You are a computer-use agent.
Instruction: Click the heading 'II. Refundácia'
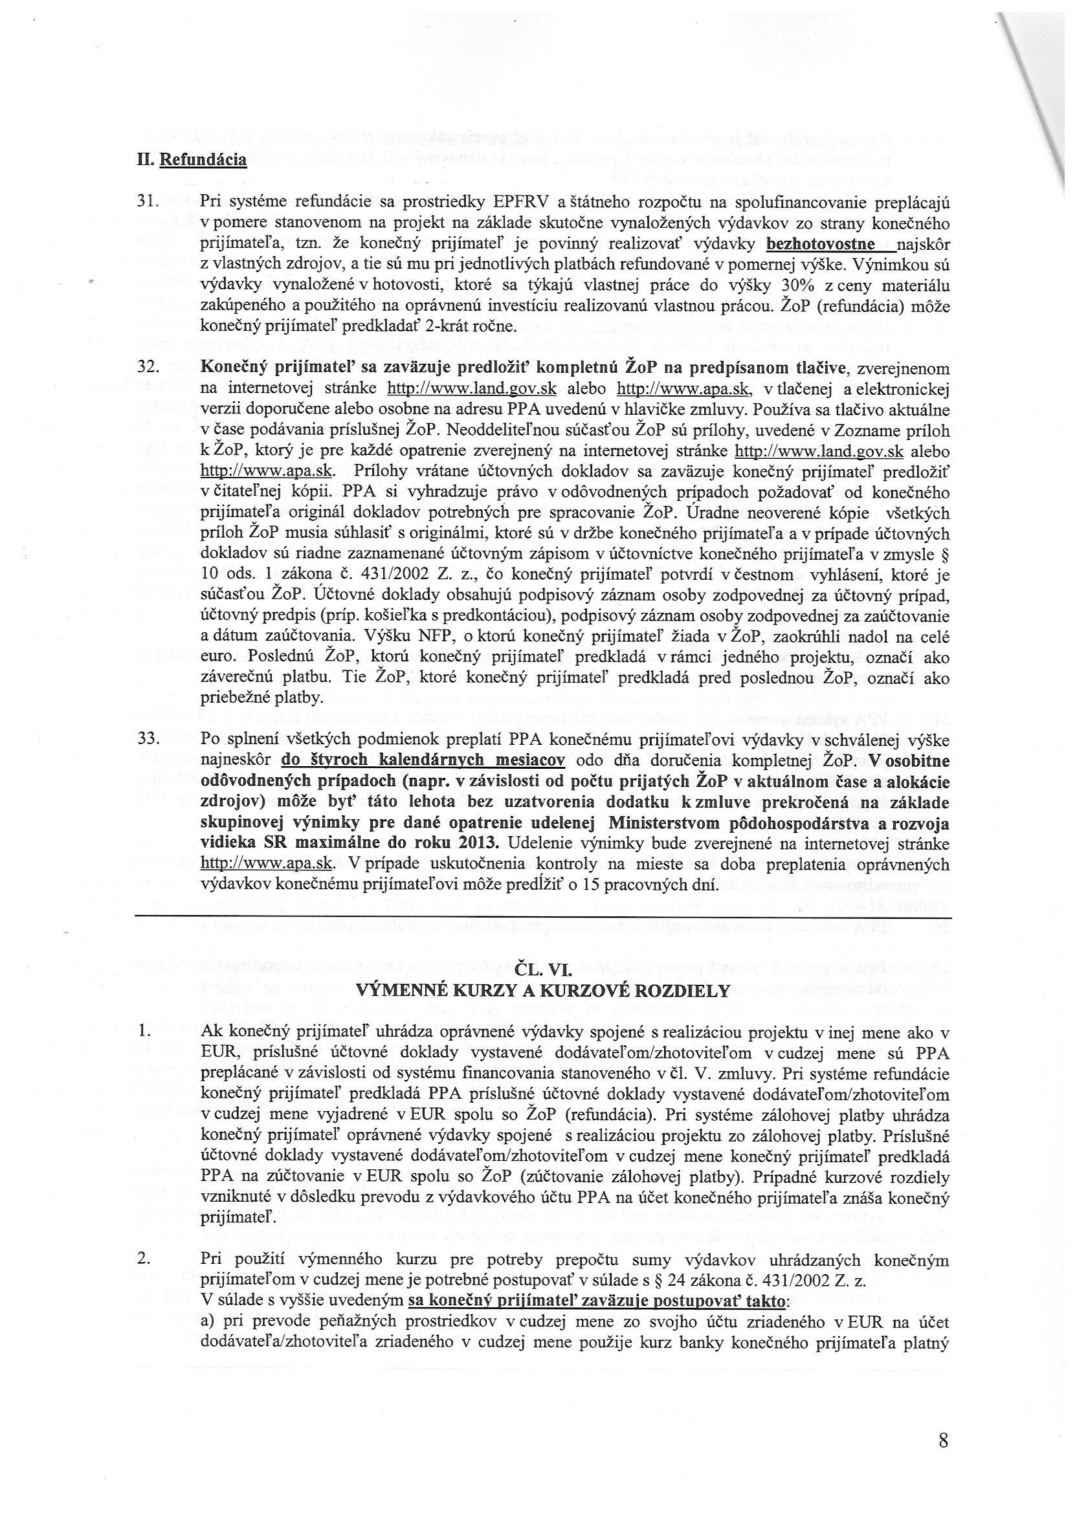pos(191,160)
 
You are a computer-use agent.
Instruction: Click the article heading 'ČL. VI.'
pos(542,970)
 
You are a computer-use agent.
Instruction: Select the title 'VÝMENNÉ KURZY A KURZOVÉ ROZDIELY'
pos(542,991)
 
